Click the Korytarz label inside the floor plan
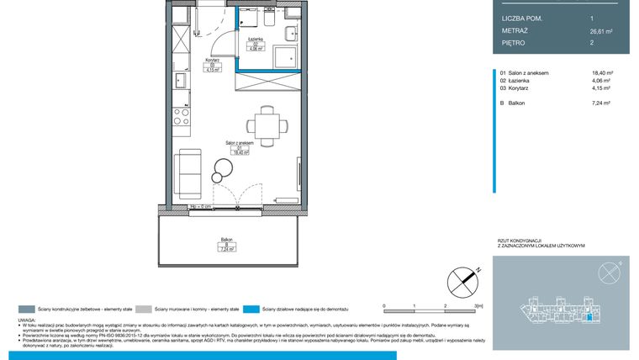point(212,66)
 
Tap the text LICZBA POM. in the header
point(522,18)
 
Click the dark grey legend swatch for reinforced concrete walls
point(27,308)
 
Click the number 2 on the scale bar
point(443,306)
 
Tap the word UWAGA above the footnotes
point(28,320)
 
